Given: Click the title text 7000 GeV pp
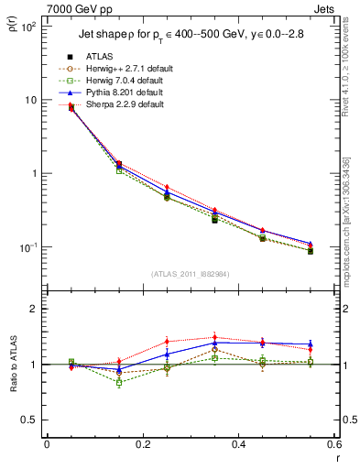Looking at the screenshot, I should tap(43, 8).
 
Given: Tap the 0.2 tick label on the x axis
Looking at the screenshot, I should tap(143, 443).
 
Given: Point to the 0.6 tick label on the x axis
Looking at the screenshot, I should tap(333, 443).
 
